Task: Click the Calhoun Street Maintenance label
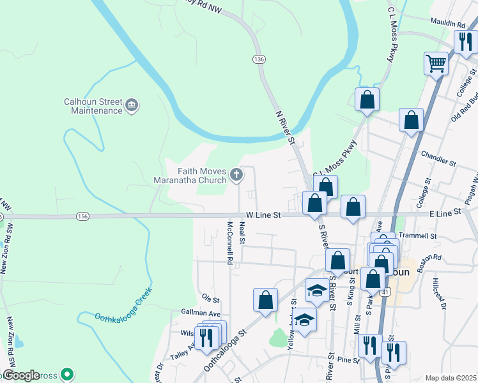pos(93,106)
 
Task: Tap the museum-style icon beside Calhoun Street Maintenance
pos(132,105)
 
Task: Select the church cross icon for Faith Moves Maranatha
pos(236,174)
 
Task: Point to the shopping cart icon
pos(436,63)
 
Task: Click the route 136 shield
pos(258,59)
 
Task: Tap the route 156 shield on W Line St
pos(82,216)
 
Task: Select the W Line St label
pos(263,216)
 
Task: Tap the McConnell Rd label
pos(229,243)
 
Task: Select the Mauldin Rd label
pos(447,24)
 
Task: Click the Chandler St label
pos(438,159)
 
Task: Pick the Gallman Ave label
pos(201,314)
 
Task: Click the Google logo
pos(20,376)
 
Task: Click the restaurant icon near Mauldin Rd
pos(463,42)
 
